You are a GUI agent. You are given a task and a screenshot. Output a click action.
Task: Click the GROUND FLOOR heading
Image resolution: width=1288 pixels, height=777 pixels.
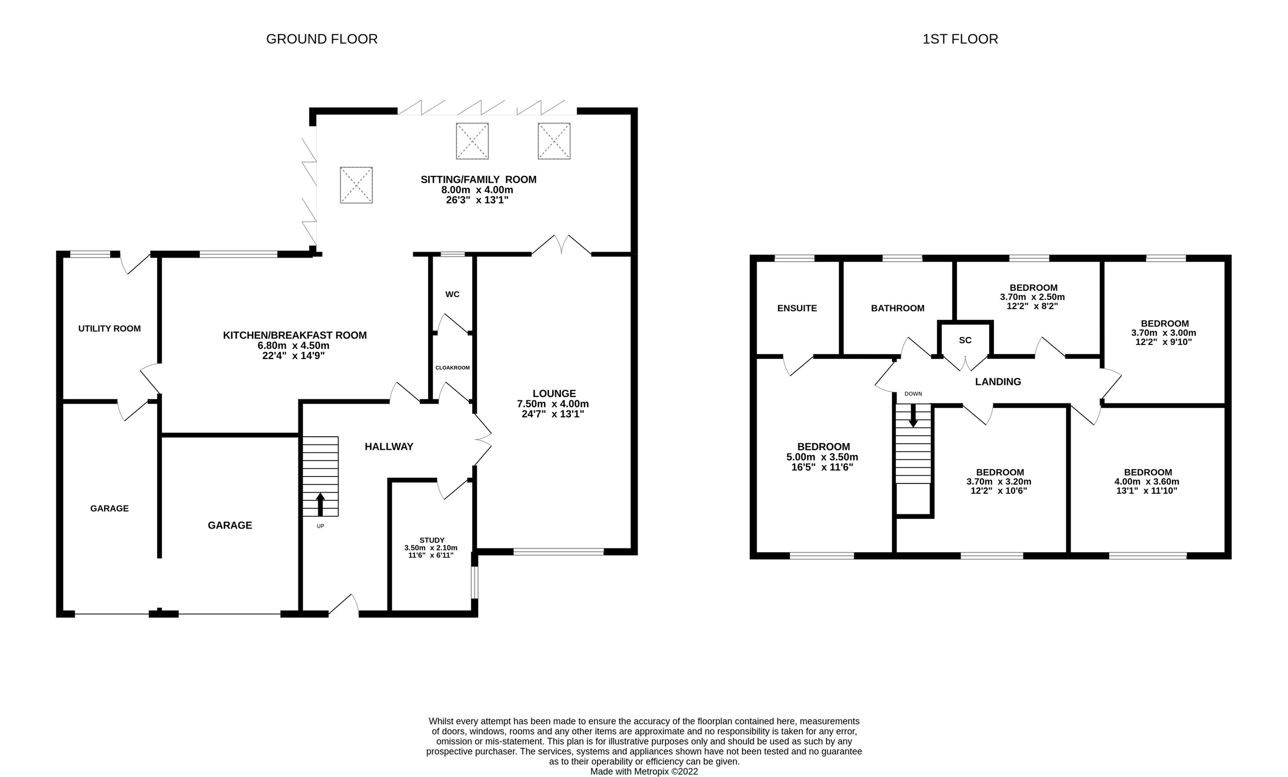321,39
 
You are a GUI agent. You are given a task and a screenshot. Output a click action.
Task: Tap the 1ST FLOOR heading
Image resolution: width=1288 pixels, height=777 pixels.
960,39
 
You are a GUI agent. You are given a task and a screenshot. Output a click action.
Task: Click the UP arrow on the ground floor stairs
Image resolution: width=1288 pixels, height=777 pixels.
320,504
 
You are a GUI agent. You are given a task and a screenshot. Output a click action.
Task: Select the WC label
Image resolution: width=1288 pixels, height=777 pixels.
452,295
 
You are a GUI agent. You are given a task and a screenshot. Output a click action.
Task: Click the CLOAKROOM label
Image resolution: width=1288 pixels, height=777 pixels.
452,368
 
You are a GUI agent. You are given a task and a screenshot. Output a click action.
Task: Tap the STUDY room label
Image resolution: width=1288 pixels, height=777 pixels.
431,540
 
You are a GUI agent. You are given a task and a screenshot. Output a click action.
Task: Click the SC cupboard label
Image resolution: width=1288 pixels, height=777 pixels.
965,340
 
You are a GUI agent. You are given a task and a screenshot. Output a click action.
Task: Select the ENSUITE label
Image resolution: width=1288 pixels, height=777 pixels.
797,308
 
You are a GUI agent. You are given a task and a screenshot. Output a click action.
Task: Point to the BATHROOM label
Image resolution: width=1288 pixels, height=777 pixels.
897,308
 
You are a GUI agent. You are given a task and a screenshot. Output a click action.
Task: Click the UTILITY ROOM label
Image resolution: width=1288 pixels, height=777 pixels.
109,328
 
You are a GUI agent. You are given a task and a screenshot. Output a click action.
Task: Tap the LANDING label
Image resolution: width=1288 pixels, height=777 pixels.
998,382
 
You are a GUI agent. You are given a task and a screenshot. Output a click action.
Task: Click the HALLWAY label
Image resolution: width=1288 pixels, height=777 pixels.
389,446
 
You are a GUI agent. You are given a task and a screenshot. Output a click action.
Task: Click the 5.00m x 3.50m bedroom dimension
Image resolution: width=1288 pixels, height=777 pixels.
822,457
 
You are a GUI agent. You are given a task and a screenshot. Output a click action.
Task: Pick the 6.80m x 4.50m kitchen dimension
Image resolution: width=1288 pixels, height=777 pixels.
294,346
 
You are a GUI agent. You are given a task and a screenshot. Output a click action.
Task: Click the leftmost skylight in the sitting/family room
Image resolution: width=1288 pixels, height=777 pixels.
356,185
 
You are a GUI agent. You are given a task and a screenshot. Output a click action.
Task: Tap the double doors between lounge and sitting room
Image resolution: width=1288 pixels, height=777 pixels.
561,246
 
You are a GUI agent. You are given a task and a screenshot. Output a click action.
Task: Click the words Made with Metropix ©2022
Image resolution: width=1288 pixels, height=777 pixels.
644,772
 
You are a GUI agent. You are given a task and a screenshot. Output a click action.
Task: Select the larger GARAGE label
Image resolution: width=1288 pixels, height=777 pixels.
230,525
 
